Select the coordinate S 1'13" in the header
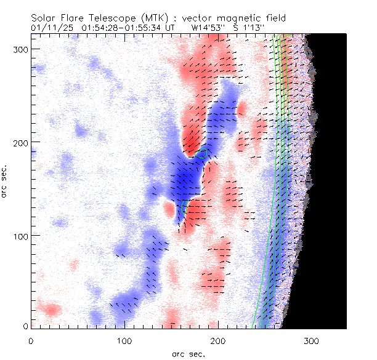[249, 28]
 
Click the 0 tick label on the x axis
[30, 340]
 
